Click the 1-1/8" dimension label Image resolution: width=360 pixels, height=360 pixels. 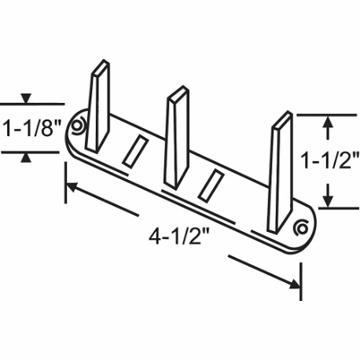coord(31,128)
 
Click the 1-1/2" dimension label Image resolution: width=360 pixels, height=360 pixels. coord(330,162)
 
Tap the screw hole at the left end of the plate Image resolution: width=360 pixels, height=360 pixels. coord(77,125)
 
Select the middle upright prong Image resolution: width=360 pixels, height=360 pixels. coord(176,138)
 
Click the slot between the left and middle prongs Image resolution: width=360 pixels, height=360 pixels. coord(135,151)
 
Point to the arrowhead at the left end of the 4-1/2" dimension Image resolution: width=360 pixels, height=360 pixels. coord(71,187)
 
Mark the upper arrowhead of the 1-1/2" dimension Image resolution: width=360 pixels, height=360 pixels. coord(329,121)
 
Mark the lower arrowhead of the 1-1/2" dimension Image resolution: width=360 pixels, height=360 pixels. coord(329,200)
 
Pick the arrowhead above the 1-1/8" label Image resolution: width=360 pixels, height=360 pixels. coord(28,99)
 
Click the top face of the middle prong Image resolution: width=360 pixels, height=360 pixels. coord(178,94)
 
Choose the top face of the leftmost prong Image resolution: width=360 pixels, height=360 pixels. coord(100,66)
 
